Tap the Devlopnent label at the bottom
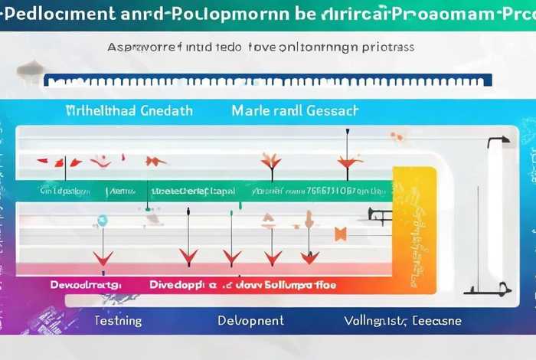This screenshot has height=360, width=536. [x=250, y=320]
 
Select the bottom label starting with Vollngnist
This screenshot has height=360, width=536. [x=402, y=320]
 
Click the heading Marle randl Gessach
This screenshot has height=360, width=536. [x=294, y=110]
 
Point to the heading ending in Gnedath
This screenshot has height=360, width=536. [x=129, y=110]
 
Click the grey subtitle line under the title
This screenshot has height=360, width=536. [x=260, y=47]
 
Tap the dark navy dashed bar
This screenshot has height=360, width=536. [x=268, y=80]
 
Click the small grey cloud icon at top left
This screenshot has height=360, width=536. [x=28, y=70]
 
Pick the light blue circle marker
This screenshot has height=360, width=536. [x=102, y=221]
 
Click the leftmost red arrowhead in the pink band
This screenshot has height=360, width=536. [x=103, y=258]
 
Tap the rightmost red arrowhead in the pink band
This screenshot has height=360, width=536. [x=310, y=257]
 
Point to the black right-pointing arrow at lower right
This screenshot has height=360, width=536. [x=491, y=290]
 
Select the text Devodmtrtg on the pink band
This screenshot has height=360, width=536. [x=86, y=285]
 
